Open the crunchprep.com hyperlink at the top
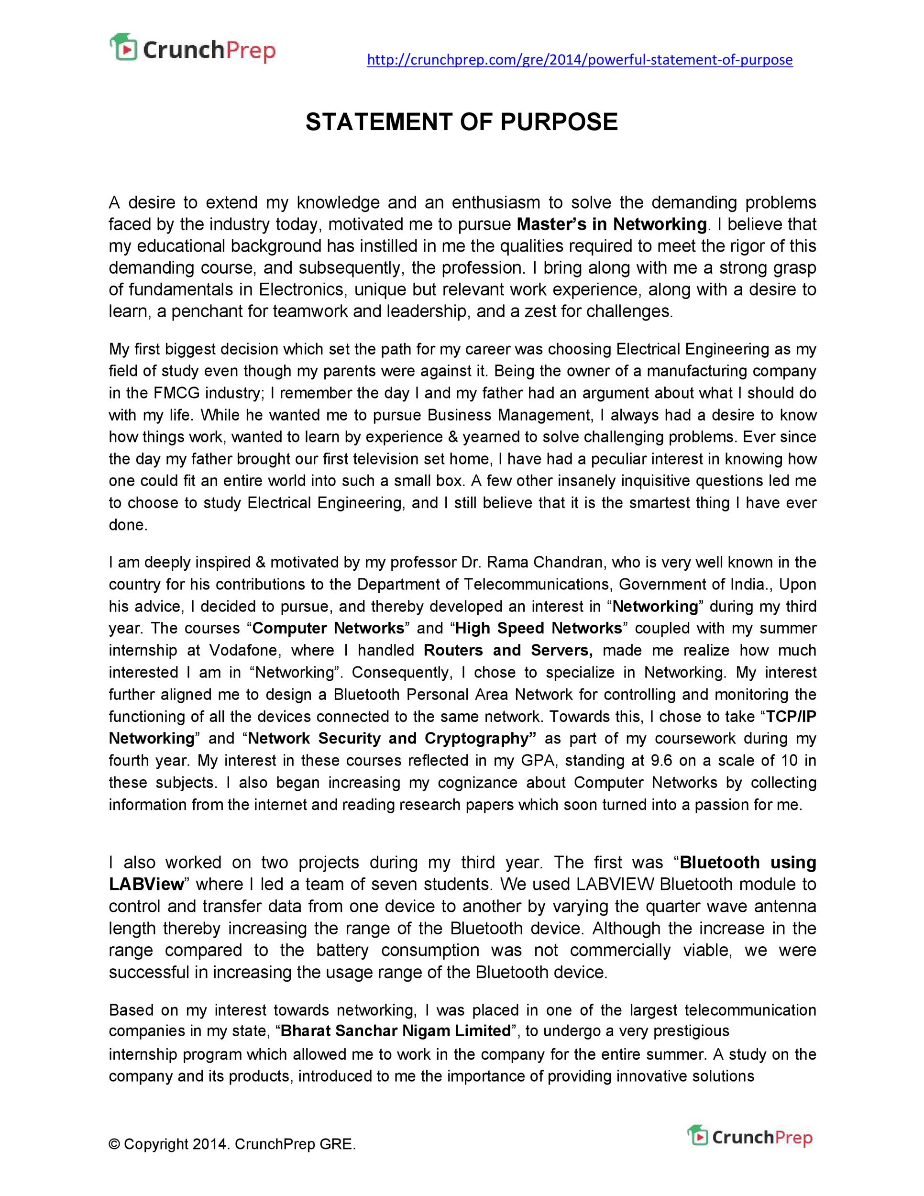(x=579, y=60)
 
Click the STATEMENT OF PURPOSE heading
(x=462, y=122)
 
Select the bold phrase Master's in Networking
(x=611, y=224)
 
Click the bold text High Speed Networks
(x=539, y=628)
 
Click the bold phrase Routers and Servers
(x=508, y=650)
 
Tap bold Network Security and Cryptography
(x=391, y=738)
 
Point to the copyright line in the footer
(x=232, y=1144)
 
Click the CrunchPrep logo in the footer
(x=749, y=1137)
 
